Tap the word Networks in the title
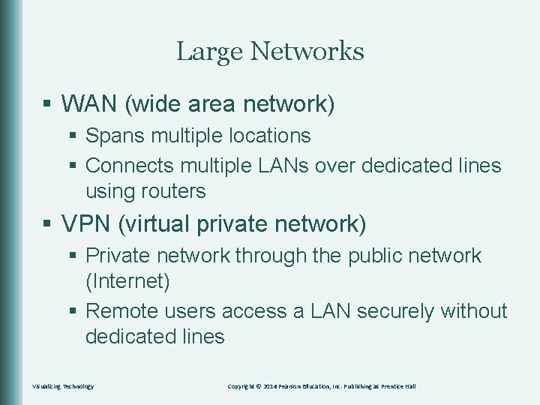(307, 52)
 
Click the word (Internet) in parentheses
(128, 282)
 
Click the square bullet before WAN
(47, 104)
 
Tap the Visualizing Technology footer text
(64, 386)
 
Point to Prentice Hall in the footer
(398, 386)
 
